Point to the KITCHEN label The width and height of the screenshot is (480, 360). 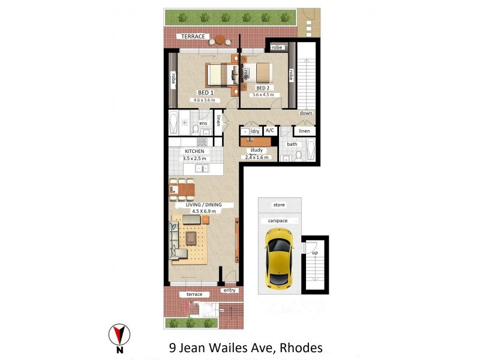[x=195, y=151]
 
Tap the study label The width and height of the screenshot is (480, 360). [x=257, y=151]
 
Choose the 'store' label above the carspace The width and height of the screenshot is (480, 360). [x=278, y=205]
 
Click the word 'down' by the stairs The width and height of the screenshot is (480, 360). [x=306, y=113]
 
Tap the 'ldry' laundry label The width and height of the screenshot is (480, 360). [x=254, y=130]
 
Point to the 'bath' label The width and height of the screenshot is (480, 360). [x=292, y=144]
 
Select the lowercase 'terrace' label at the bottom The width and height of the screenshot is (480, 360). [x=194, y=295]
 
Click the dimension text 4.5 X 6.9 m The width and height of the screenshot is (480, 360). [x=204, y=211]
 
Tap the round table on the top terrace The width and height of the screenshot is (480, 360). [x=220, y=40]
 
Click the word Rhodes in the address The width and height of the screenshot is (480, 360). [x=298, y=347]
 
